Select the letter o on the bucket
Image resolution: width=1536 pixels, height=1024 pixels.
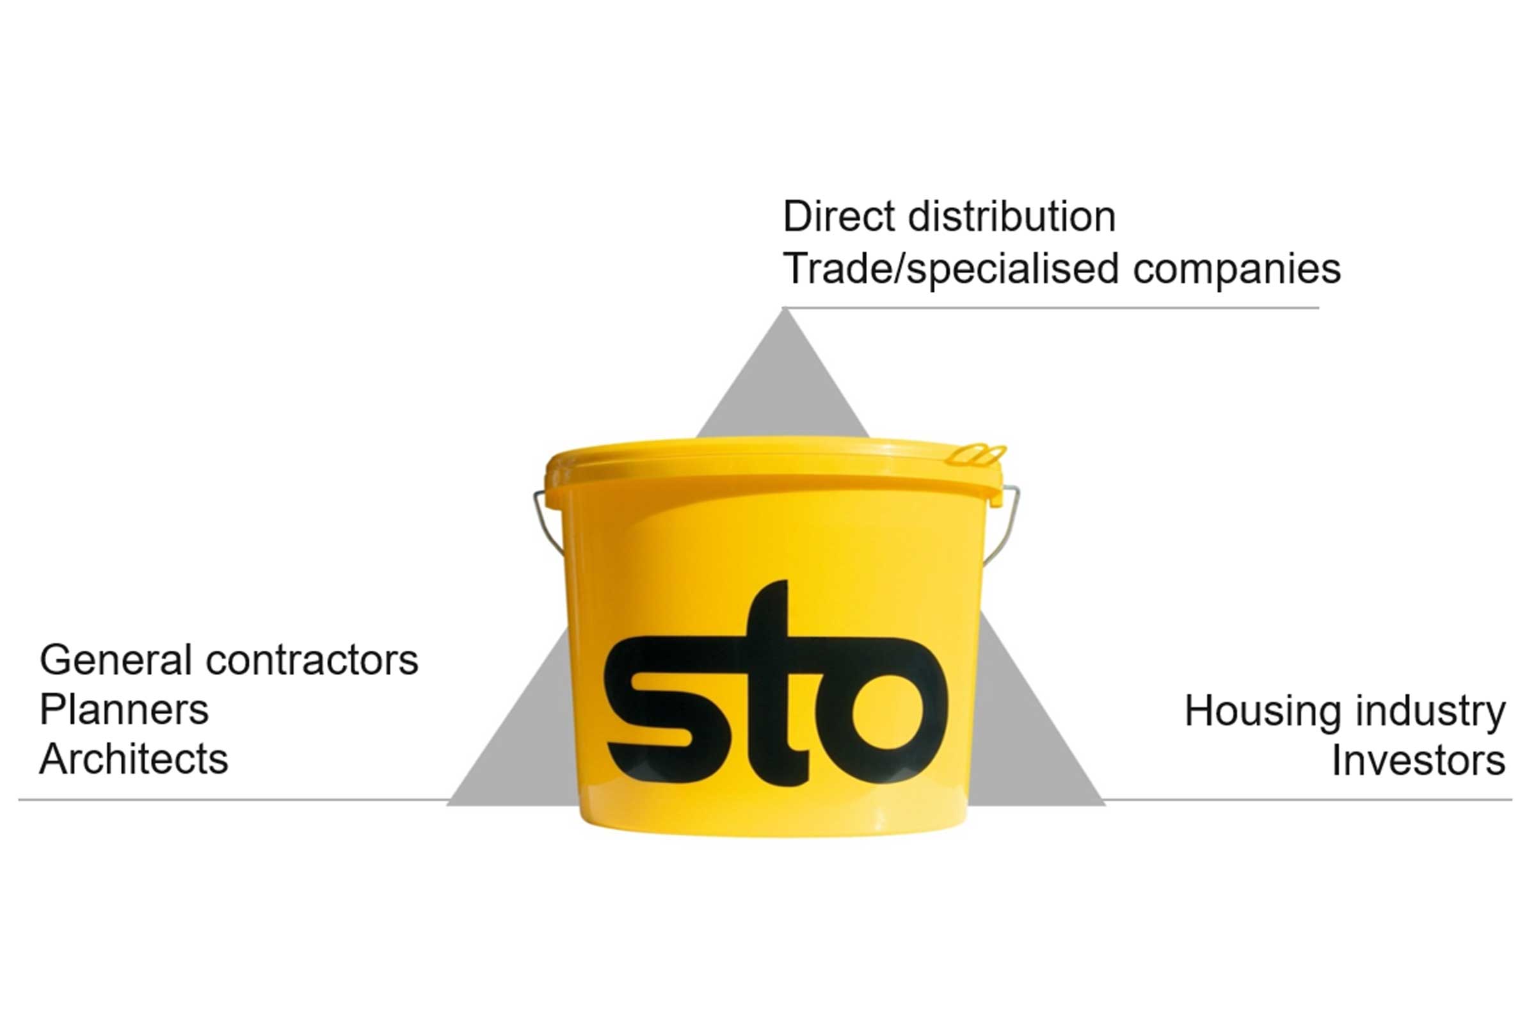tap(888, 710)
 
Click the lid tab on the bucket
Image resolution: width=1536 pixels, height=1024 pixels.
tap(977, 454)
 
